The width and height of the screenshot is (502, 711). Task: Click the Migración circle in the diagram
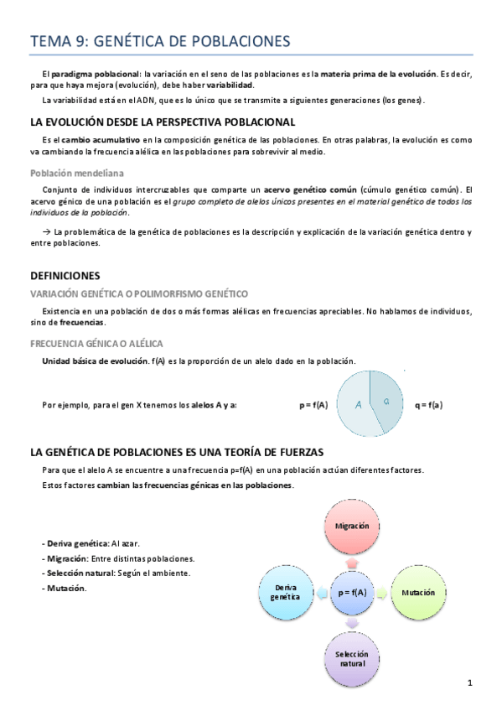pyautogui.click(x=353, y=526)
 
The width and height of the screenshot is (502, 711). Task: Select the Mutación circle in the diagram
pyautogui.click(x=417, y=592)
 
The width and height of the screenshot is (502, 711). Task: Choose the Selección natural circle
pyautogui.click(x=353, y=657)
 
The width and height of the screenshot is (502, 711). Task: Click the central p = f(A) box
pyautogui.click(x=353, y=592)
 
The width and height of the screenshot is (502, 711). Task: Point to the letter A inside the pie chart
pyautogui.click(x=358, y=405)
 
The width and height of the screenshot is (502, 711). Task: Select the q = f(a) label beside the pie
pyautogui.click(x=428, y=405)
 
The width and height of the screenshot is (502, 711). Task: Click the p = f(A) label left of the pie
pyautogui.click(x=313, y=405)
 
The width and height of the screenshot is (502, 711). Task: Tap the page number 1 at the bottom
pyautogui.click(x=470, y=683)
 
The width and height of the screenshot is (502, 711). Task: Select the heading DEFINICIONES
pyautogui.click(x=65, y=275)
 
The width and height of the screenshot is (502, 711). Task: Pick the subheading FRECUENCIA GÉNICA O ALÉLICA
pyautogui.click(x=96, y=344)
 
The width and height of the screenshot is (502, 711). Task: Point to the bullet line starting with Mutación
pyautogui.click(x=65, y=587)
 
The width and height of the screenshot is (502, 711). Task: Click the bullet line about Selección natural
pyautogui.click(x=116, y=573)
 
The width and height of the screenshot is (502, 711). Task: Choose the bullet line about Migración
pyautogui.click(x=119, y=558)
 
